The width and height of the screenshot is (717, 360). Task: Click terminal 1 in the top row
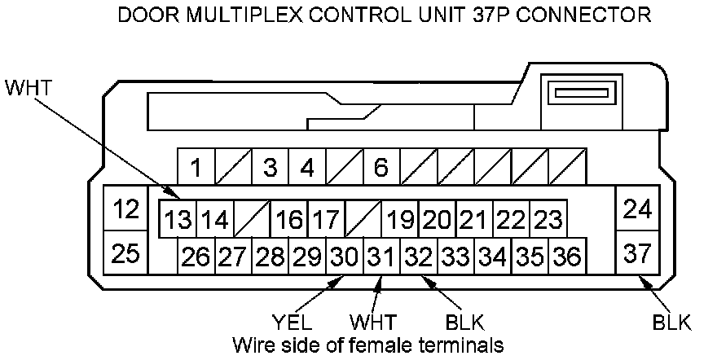coord(196,169)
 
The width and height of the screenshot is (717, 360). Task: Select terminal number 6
coord(380,169)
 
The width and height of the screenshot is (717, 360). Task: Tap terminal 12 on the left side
coord(126,209)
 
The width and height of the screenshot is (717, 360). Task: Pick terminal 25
coord(126,253)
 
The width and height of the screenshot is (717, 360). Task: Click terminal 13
coord(177,220)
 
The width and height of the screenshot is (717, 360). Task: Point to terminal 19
coord(400,220)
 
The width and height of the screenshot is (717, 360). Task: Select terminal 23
coord(548,220)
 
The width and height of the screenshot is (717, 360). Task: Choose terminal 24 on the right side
coord(636,209)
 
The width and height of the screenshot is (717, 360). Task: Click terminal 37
coord(636,253)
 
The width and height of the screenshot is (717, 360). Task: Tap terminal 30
coord(345,257)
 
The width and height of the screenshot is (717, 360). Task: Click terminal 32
coord(419,257)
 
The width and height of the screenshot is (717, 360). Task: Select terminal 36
coord(566,257)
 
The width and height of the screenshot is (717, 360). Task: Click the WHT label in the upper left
coord(28,87)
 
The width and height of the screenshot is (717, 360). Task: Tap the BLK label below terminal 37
coord(671,323)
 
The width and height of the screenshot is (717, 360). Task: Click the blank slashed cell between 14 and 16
coord(252,220)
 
